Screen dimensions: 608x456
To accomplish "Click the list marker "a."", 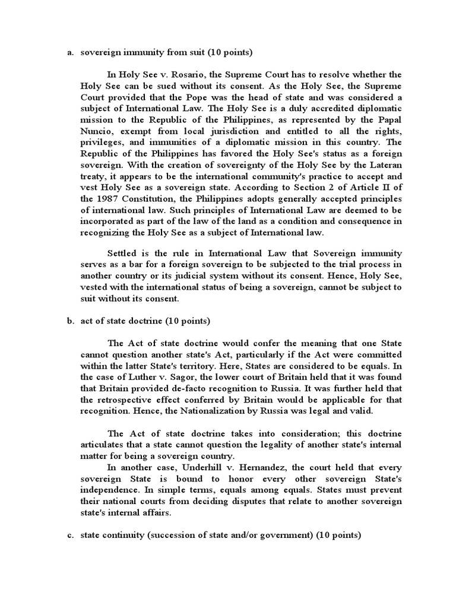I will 69,53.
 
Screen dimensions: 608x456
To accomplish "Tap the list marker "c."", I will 69,535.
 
